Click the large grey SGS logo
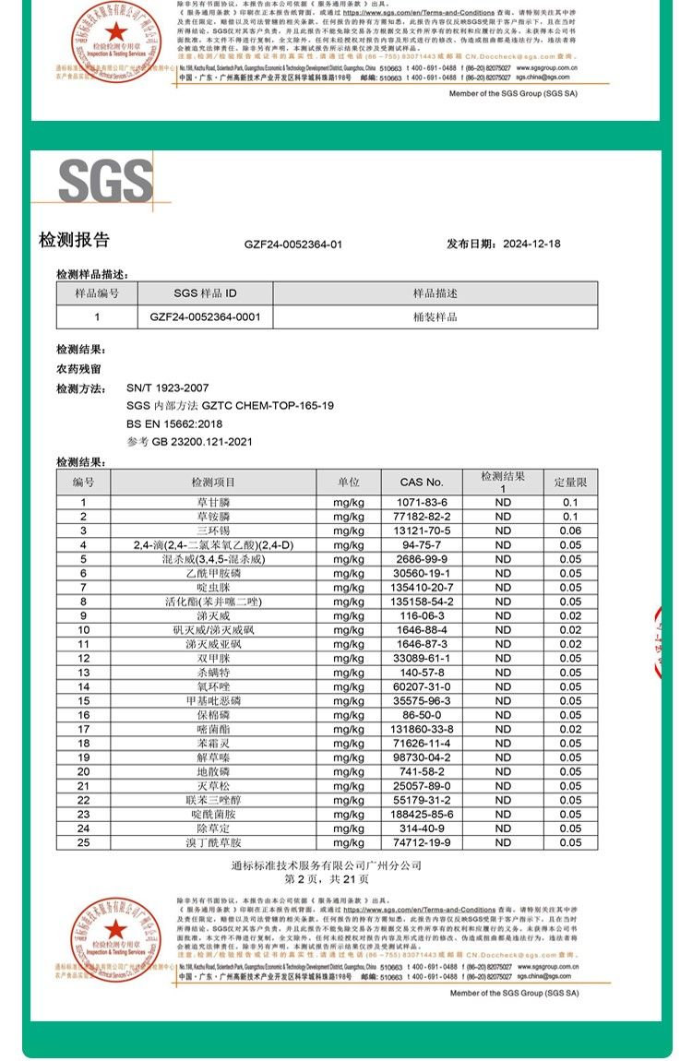click(x=106, y=181)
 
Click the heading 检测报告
click(x=74, y=241)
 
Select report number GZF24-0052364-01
click(x=293, y=244)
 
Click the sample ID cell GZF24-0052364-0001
click(x=205, y=316)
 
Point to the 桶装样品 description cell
click(x=435, y=316)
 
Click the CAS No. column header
click(x=422, y=482)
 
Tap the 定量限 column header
click(x=570, y=482)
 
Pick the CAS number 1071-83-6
click(x=422, y=502)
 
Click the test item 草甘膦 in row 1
click(x=213, y=502)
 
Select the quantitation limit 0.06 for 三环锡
click(x=570, y=530)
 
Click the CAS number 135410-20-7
click(x=422, y=588)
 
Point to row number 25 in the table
click(x=83, y=842)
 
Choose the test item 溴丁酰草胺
click(x=213, y=842)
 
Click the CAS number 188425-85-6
click(x=422, y=815)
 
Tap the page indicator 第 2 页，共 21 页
click(x=326, y=880)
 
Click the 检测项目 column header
click(x=213, y=482)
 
